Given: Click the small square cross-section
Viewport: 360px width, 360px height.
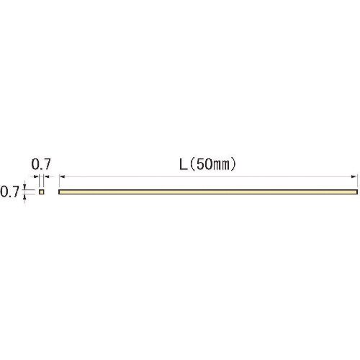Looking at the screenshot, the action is [x=42, y=192].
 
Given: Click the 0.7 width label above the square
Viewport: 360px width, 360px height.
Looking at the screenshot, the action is [x=41, y=164].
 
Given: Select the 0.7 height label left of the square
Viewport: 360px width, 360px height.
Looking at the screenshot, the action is [x=9, y=192].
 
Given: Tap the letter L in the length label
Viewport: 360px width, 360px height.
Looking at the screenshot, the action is [x=184, y=165].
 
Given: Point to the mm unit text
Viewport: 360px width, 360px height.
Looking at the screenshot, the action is [x=221, y=166].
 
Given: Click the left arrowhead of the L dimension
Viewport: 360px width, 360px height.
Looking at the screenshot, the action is [x=63, y=176].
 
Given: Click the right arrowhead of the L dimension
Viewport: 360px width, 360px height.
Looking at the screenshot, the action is [x=354, y=176].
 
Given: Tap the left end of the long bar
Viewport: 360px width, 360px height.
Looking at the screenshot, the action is [x=59, y=192].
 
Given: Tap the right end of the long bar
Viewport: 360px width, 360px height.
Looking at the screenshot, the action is [x=357, y=192].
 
